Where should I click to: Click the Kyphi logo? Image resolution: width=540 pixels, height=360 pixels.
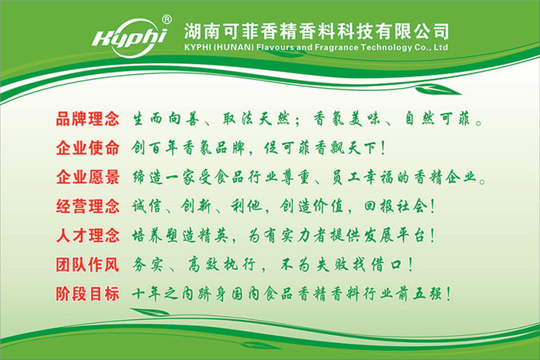130,38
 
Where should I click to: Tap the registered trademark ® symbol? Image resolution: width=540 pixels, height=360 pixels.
167,19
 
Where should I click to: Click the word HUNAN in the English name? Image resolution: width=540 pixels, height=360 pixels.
234,47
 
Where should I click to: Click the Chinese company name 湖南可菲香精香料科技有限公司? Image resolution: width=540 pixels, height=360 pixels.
316,32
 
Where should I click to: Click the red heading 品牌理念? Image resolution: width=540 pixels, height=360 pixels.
88,119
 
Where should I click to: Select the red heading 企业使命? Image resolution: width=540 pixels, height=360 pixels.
88,148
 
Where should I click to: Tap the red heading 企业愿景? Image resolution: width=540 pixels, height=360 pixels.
88,177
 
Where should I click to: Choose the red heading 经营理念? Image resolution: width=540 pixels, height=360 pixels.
88,207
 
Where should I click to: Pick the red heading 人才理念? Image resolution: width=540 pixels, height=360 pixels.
88,236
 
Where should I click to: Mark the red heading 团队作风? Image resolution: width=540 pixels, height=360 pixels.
88,265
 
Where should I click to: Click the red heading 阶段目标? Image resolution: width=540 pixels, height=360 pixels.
88,294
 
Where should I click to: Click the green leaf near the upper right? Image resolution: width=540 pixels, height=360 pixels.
437,90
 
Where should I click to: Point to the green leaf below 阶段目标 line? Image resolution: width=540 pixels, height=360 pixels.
150,311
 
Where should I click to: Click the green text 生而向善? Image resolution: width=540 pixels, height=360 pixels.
166,119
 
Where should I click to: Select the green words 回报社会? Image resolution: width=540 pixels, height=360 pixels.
395,207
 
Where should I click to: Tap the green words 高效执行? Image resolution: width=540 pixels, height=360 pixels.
221,265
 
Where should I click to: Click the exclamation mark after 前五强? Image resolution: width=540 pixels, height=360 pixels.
448,294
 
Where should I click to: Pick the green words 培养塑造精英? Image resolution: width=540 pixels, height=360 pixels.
180,236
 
